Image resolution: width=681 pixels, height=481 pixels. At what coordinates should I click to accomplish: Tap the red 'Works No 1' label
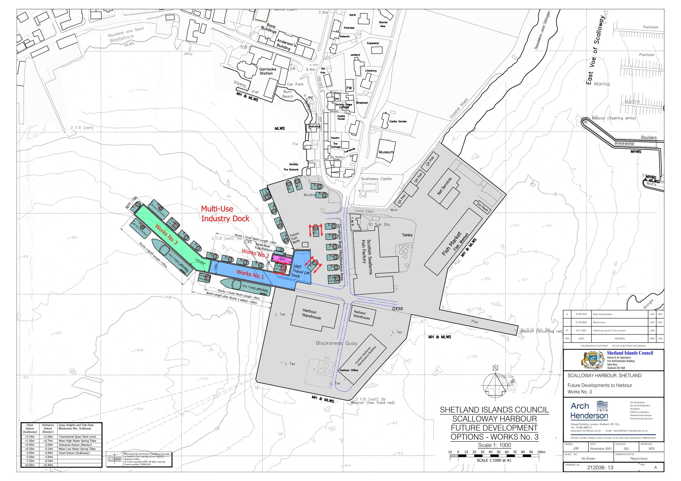[x=250, y=274]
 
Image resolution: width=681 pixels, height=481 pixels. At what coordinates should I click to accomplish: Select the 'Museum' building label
[x=386, y=152]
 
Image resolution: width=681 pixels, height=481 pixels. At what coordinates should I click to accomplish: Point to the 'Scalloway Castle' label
[x=376, y=179]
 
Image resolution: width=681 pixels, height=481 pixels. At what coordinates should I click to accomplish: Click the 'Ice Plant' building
[x=482, y=206]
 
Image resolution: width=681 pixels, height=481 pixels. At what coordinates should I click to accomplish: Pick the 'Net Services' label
[x=444, y=186]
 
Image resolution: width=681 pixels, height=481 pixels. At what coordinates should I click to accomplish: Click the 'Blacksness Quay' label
[x=336, y=343]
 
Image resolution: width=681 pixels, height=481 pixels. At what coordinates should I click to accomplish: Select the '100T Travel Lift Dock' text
[x=301, y=271]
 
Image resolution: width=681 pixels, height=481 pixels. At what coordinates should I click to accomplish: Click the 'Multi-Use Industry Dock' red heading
[x=225, y=214]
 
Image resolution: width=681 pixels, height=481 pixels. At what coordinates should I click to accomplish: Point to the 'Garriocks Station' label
[x=268, y=71]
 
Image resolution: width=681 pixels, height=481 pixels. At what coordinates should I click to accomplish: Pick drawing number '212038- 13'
[x=600, y=468]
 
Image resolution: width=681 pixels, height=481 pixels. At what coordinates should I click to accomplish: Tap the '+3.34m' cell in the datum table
[x=30, y=437]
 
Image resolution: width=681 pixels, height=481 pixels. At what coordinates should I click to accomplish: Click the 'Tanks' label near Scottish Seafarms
[x=407, y=235]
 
